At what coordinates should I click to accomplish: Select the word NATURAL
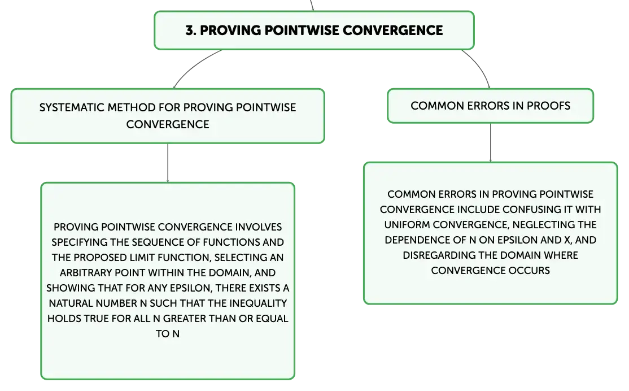(71, 303)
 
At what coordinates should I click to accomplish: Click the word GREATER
(184, 319)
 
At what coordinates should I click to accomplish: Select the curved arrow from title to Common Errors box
(479, 66)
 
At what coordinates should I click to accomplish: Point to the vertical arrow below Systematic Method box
(168, 163)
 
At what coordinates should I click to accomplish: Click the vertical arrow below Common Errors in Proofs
(490, 142)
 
